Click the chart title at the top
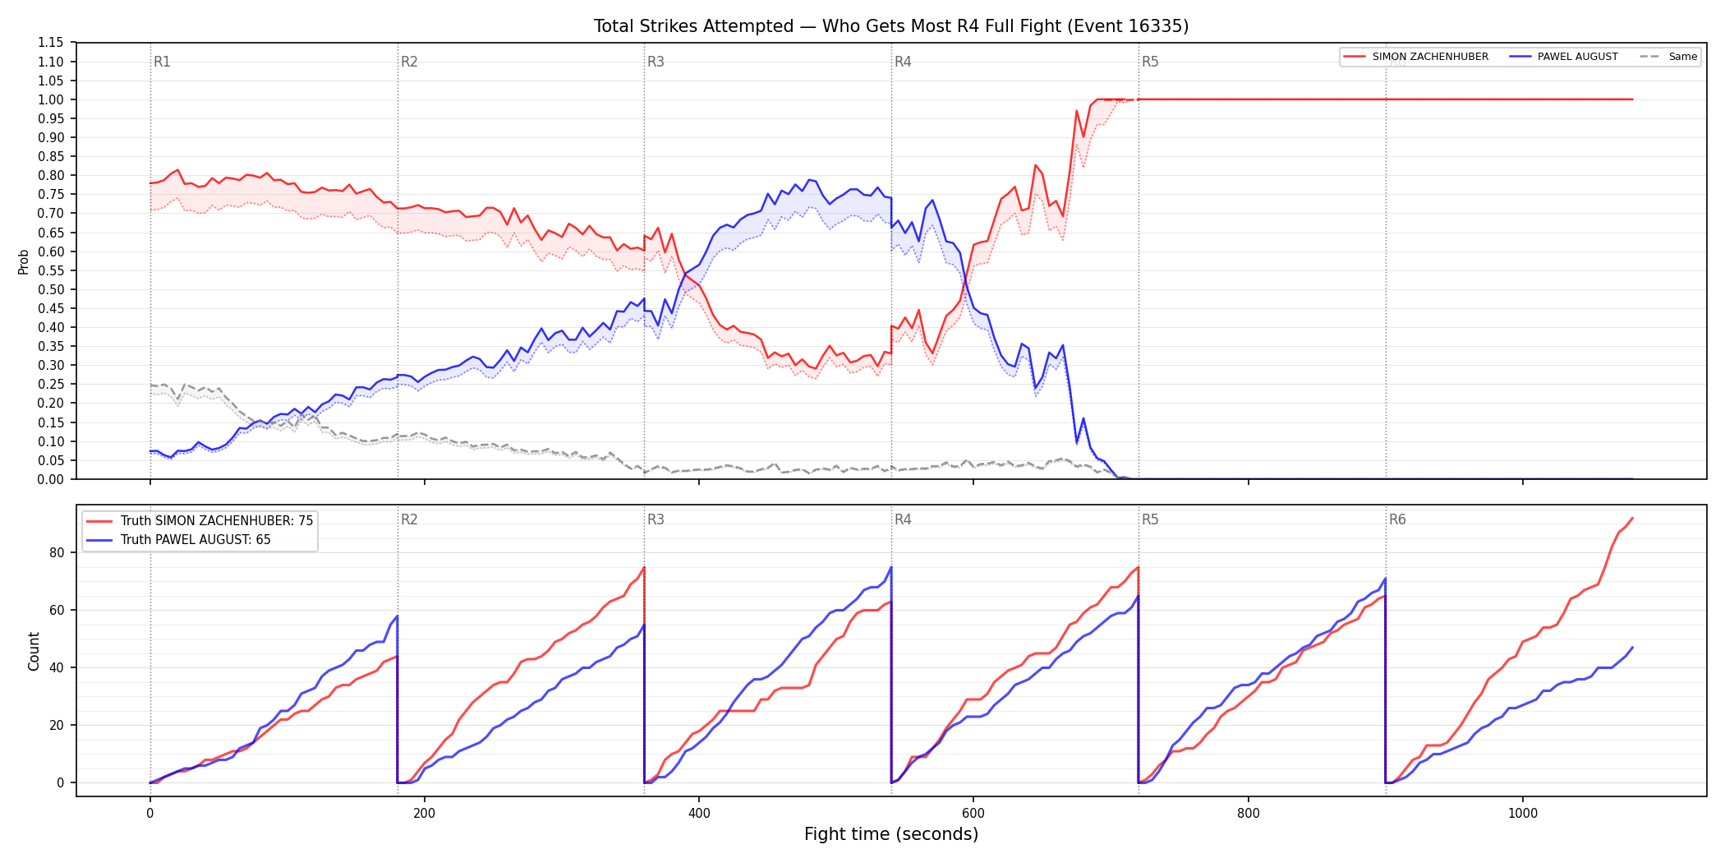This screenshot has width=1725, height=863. click(x=891, y=26)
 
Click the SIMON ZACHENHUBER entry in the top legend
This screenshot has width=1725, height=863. click(x=1430, y=57)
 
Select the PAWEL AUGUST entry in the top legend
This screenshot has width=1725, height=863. click(x=1577, y=57)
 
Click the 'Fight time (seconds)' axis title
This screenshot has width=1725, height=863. click(x=891, y=834)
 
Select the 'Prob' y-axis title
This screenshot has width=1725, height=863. click(x=24, y=261)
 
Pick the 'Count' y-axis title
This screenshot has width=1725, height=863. click(x=34, y=651)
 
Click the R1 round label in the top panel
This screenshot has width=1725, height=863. click(x=162, y=62)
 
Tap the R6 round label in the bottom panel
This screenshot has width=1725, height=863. click(x=1397, y=519)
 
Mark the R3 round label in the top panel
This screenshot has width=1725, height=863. click(x=655, y=62)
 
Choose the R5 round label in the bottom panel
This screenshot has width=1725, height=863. click(x=1150, y=519)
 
